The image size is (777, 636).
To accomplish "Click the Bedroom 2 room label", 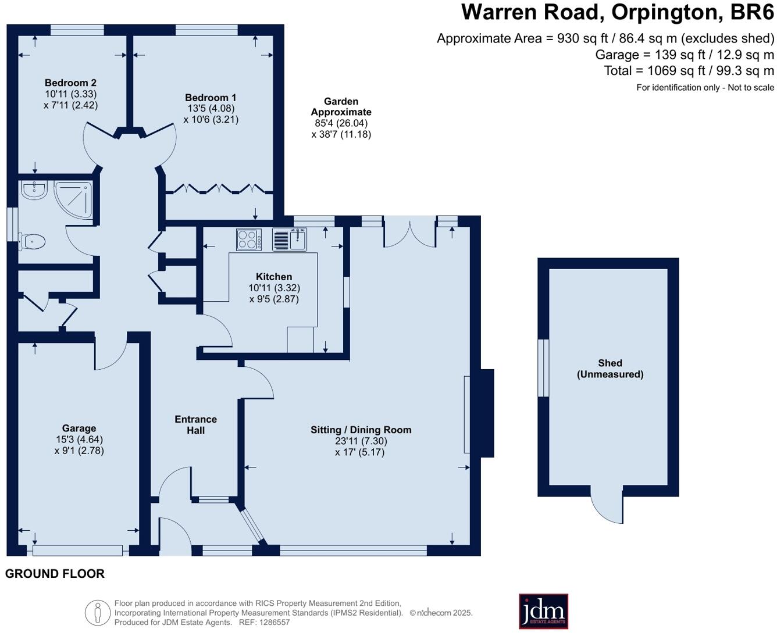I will coord(70,83).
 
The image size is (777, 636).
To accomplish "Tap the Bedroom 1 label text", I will coord(211,98).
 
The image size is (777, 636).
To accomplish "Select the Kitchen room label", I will coord(274,277).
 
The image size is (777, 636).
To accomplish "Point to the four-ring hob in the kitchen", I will coord(249,240).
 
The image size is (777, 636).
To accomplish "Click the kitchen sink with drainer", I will coord(289,240).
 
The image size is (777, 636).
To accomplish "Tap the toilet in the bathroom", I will coord(32,241).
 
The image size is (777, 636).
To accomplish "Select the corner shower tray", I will coord(73,199).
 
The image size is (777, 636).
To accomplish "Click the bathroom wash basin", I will coord(34,190).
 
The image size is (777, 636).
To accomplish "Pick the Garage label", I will coord(79,428).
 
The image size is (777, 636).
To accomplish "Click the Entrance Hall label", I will coord(196,425).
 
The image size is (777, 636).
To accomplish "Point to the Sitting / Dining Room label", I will coord(361,430).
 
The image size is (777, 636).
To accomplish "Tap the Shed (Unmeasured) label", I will coord(610,369).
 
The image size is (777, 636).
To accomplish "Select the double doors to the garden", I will coord(409,233).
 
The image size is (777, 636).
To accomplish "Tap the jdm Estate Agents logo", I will coord(543,611).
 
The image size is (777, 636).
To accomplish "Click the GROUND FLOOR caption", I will coord(55,574).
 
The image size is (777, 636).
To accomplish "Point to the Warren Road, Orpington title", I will coord(618,12).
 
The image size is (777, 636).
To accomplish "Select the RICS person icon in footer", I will coord(97,613).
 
